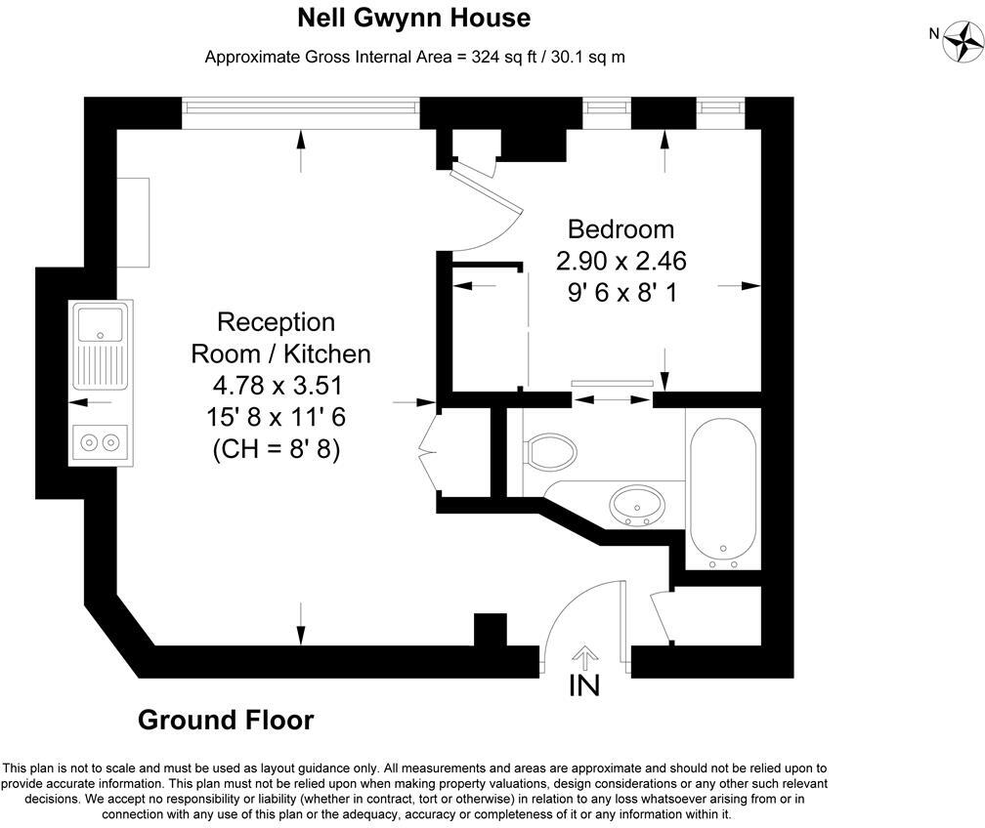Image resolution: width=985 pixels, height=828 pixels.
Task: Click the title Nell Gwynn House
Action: [x=413, y=18]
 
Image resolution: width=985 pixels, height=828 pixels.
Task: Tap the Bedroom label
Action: [x=621, y=229]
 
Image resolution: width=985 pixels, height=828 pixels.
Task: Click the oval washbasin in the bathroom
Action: [x=637, y=505]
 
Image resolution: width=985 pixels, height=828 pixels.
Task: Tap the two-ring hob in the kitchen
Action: [x=102, y=442]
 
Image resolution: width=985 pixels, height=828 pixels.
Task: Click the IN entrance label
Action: [x=584, y=685]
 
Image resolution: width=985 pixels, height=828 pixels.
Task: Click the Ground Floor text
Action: [x=226, y=721]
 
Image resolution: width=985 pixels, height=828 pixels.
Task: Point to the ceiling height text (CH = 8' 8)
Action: [x=276, y=450]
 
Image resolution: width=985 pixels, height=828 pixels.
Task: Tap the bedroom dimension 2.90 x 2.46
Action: [x=621, y=261]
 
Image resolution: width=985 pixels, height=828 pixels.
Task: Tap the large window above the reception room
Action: [x=300, y=103]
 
